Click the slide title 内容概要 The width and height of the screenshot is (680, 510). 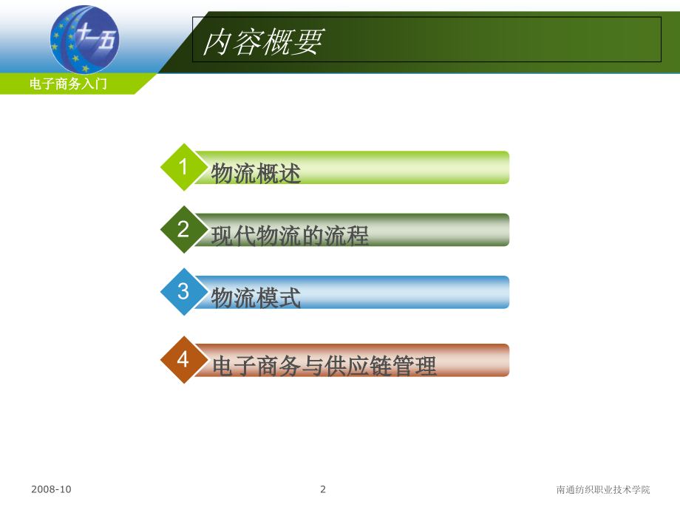[x=263, y=43]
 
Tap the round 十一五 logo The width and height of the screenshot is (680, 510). [x=84, y=38]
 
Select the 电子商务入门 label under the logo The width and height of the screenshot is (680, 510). [x=69, y=84]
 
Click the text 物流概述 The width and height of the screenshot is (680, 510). [x=256, y=174]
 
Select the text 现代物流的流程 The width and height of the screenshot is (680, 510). [x=290, y=236]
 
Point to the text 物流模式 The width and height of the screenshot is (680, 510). [x=256, y=298]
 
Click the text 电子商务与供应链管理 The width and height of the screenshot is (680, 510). [x=324, y=365]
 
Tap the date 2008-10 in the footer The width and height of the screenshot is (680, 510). [x=52, y=489]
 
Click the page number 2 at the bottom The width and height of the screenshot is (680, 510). [x=323, y=489]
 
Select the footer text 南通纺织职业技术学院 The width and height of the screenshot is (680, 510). [x=603, y=489]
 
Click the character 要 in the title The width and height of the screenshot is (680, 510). [x=308, y=43]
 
